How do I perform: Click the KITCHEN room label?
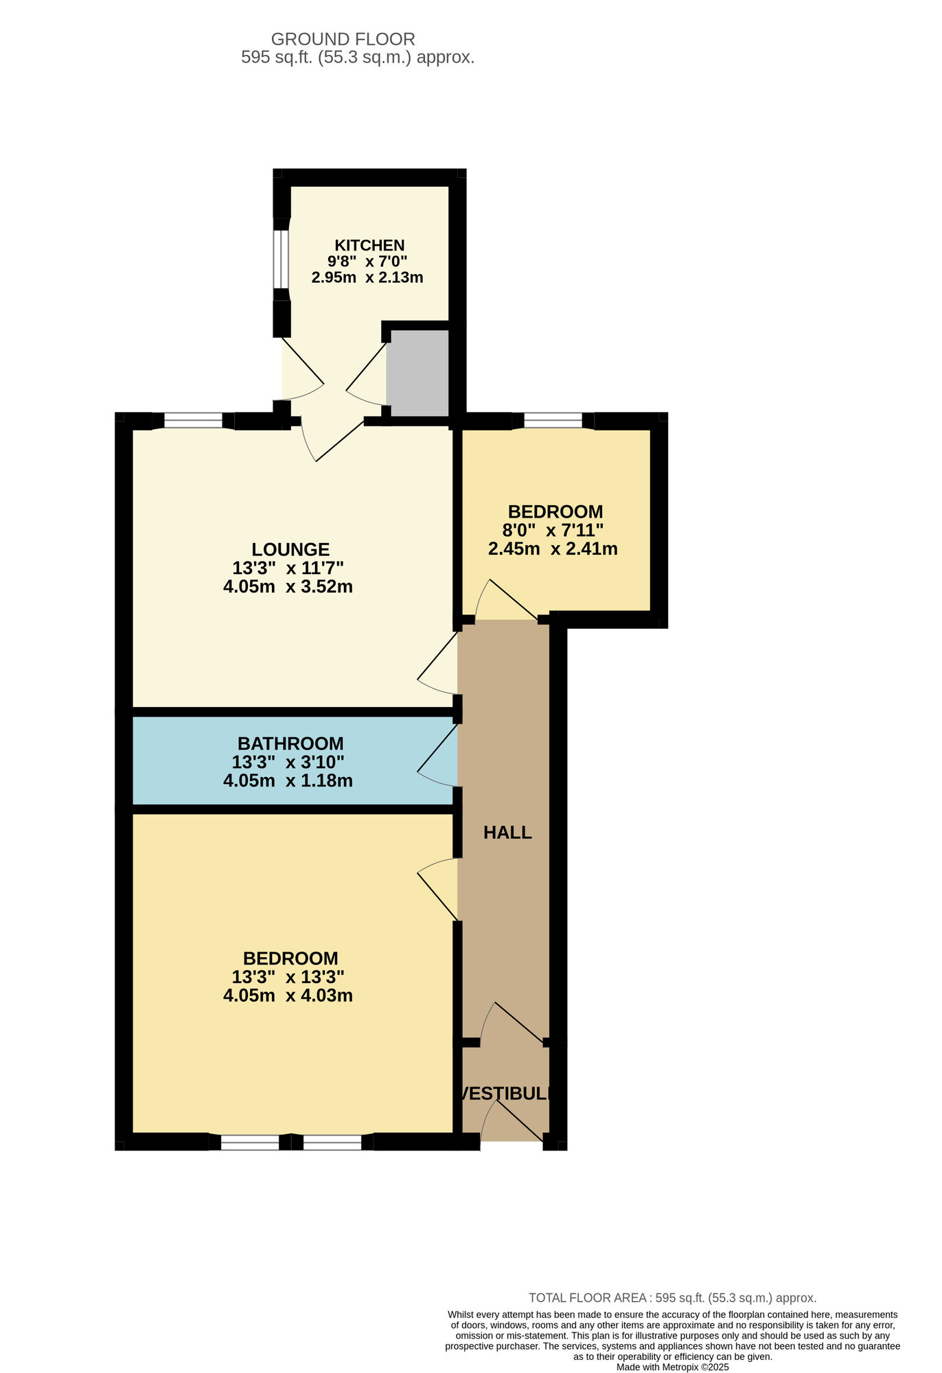(x=369, y=245)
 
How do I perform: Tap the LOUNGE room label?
(x=290, y=549)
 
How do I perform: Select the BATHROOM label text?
(x=290, y=743)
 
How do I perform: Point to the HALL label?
(x=507, y=833)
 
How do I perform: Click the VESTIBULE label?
(x=506, y=1094)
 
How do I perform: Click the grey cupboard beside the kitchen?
(x=417, y=373)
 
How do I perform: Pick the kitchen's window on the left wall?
(x=281, y=259)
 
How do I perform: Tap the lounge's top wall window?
(x=194, y=421)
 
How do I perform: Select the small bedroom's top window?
(x=553, y=421)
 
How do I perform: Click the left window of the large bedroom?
(x=250, y=1142)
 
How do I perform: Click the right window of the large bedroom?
(x=332, y=1142)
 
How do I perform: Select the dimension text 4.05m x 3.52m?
(x=288, y=587)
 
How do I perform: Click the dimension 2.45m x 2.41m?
(x=553, y=549)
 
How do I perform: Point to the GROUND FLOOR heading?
(x=343, y=39)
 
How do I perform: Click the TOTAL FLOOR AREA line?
(x=672, y=1298)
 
